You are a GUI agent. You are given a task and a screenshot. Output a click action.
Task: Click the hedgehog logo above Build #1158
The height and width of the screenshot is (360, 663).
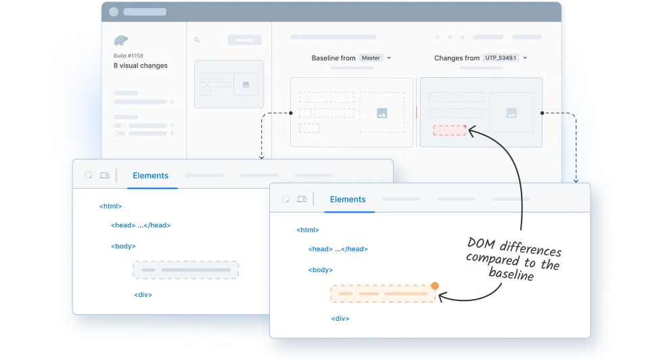120,41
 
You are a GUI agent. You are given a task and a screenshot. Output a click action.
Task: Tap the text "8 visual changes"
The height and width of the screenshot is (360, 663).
141,66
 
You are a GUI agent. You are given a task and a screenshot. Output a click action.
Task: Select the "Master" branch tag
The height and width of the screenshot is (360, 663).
371,58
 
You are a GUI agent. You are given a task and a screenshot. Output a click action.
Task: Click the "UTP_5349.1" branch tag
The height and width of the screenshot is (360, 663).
501,58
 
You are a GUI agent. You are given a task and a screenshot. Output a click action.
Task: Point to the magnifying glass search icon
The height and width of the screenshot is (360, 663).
197,40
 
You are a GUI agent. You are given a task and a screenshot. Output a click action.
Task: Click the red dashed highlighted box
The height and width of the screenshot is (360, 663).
449,131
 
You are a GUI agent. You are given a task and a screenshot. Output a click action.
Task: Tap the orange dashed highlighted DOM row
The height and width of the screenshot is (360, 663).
383,294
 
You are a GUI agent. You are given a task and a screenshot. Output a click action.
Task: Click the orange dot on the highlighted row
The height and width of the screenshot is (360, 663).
434,286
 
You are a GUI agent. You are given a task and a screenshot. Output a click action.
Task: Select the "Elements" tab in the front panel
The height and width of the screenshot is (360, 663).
348,200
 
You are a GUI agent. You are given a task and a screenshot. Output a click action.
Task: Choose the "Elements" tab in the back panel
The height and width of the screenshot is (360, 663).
150,176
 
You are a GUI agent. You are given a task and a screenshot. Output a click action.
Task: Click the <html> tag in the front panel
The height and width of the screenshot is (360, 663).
308,230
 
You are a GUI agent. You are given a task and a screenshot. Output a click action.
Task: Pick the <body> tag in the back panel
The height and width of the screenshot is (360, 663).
123,246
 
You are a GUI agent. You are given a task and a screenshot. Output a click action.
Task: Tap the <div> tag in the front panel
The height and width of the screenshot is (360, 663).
340,319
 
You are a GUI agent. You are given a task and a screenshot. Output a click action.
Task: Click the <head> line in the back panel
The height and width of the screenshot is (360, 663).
141,225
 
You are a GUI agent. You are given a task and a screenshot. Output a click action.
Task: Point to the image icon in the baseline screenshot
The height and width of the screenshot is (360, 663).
382,113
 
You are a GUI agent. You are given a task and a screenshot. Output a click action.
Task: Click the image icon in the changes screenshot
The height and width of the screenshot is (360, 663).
511,113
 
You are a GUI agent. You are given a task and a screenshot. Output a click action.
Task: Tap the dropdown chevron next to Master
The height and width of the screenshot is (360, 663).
389,58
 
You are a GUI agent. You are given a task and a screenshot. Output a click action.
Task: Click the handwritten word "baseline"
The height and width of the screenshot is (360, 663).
511,273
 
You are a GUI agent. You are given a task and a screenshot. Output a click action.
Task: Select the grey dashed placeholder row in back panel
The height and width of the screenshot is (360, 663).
185,270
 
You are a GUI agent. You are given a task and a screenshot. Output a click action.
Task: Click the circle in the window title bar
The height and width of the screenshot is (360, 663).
114,12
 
